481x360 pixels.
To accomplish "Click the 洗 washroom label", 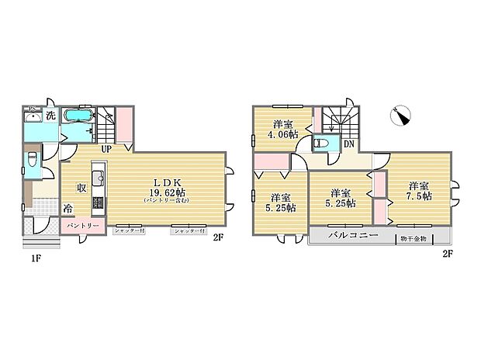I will [x=50, y=116].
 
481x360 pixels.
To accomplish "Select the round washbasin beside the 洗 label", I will [x=32, y=118].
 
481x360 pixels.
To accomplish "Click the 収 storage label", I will [x=81, y=187].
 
